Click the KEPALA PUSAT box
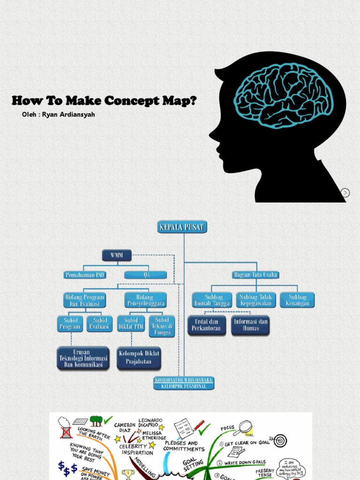(182, 227)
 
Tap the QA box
(145, 275)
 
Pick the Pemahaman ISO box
(84, 275)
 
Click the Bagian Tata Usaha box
(255, 275)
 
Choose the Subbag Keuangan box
(297, 300)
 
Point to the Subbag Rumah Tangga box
(212, 300)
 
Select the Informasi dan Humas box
(250, 325)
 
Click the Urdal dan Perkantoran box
(207, 325)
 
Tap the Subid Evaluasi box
(100, 323)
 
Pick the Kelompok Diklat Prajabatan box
(139, 358)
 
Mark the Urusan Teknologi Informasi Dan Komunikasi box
(83, 358)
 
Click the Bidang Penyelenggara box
(145, 300)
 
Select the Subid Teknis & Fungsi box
(162, 326)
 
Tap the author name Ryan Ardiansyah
(68, 114)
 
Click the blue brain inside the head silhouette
(283, 94)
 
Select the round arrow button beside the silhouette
(345, 193)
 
